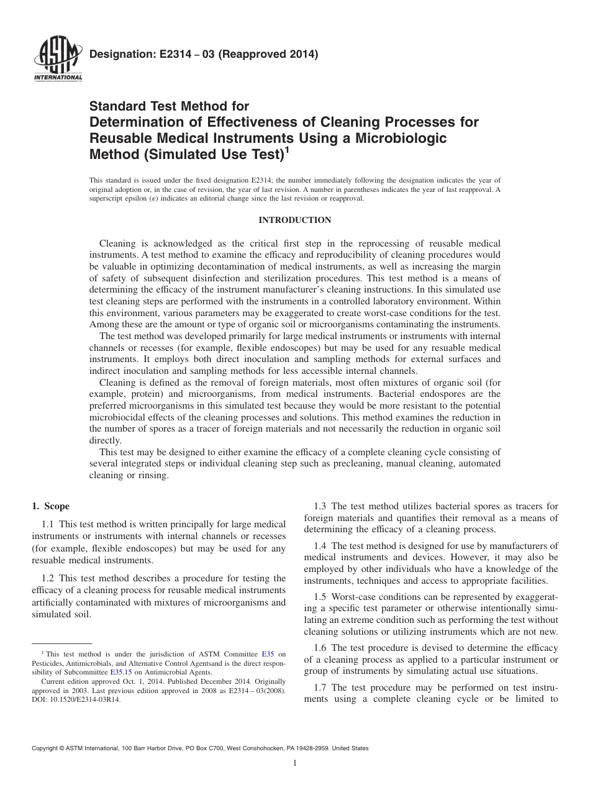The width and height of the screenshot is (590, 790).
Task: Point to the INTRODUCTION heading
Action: [x=294, y=220]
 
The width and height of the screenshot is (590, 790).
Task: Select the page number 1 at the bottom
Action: [x=295, y=763]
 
